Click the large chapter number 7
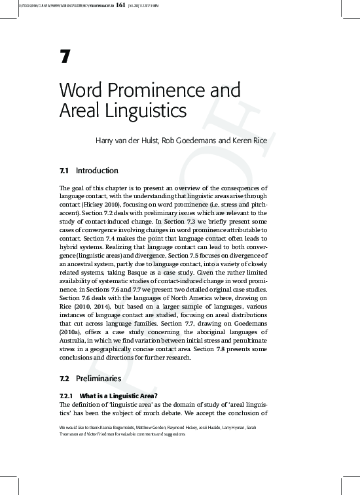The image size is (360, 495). [x=64, y=57]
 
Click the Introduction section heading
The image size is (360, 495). [x=97, y=171]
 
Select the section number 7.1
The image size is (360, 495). [x=64, y=171]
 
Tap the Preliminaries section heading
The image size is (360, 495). [x=98, y=378]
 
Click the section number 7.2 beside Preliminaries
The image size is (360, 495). [x=64, y=378]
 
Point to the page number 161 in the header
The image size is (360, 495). [x=120, y=5]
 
